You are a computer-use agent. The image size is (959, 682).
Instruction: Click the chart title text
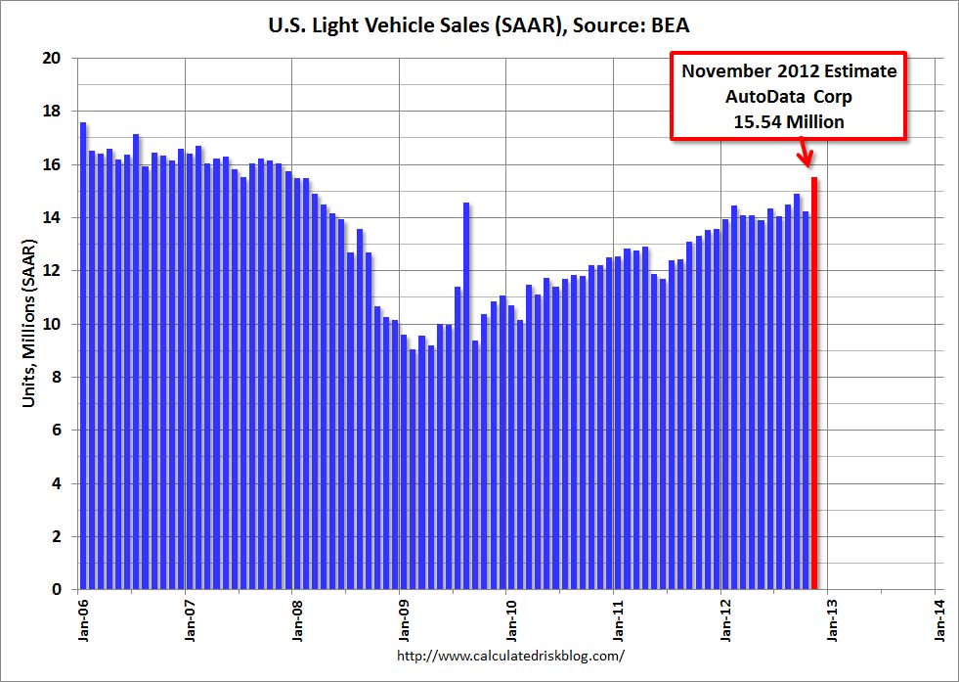point(479,26)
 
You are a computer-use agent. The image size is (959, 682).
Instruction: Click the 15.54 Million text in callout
point(789,121)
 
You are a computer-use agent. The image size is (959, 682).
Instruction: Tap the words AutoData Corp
point(789,97)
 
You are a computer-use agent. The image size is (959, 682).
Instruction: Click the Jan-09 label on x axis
point(405,621)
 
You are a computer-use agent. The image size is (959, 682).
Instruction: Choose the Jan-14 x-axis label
point(941,621)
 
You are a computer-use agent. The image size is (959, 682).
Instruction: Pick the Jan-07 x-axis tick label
point(190,621)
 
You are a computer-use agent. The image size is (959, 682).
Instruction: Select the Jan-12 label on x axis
point(726,621)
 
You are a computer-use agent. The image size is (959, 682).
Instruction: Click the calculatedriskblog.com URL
point(511,656)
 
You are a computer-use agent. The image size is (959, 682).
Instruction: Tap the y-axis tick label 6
point(57,431)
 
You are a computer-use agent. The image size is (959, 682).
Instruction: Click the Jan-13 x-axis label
point(834,621)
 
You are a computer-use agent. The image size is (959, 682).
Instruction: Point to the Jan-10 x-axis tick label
point(511,621)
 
